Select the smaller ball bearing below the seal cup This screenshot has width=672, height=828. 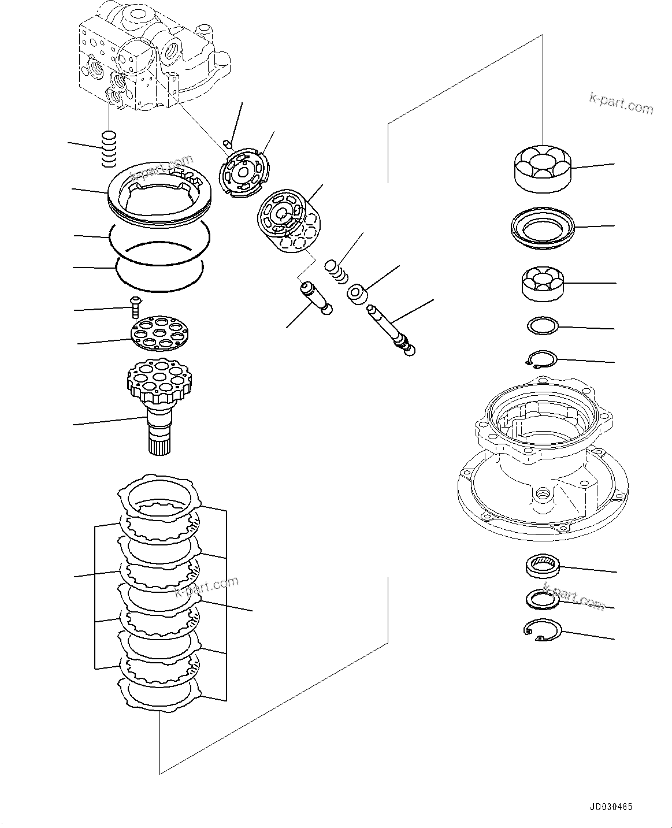click(x=543, y=283)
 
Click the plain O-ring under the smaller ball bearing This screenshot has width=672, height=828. click(x=543, y=326)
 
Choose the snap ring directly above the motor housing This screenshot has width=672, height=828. click(x=541, y=360)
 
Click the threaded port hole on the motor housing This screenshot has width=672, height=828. click(x=542, y=494)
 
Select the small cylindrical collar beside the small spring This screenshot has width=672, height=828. click(x=358, y=293)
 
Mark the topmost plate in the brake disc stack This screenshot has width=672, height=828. click(x=159, y=496)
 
